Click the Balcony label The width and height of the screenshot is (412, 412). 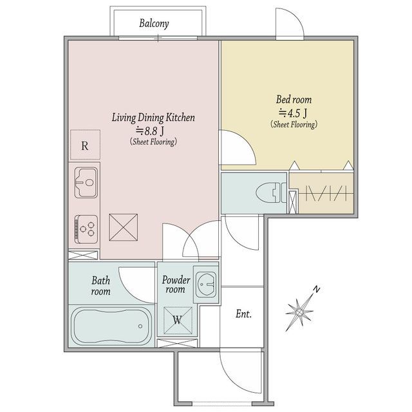pos(154,23)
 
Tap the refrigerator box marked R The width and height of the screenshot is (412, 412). pos(85,144)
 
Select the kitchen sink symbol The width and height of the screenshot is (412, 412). pos(86,182)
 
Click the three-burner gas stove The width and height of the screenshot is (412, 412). pos(86,229)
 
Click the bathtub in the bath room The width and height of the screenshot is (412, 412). pos(111,326)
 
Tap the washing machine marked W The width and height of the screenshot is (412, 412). pos(178,321)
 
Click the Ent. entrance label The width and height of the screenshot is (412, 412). pos(243,314)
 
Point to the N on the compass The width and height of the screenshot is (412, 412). pos(317,290)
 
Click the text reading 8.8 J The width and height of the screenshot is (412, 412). pos(150,131)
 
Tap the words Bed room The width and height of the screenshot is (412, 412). pos(294,100)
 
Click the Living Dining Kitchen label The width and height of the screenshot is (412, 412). pos(153,117)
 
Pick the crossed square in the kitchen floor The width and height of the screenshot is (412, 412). pos(123,227)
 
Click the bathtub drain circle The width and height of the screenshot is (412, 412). pos(140,326)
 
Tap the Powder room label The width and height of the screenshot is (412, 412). pos(176,285)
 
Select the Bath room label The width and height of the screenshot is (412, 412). pos(100,286)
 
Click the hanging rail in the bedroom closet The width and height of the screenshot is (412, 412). pos(326,194)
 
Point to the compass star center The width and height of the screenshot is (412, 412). pos(299,312)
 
